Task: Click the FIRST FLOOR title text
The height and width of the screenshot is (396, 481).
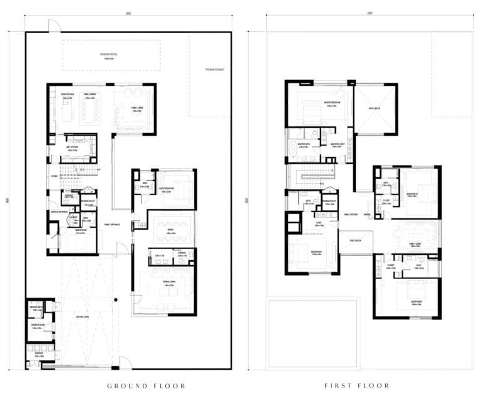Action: [x=357, y=386]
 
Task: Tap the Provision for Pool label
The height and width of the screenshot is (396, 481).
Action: [x=111, y=55]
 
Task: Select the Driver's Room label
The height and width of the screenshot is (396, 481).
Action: [x=38, y=326]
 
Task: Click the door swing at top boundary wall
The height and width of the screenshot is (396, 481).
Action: [x=54, y=26]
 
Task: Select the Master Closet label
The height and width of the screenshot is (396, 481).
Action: [x=339, y=146]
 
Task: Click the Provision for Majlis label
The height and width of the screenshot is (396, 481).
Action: [x=214, y=69]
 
